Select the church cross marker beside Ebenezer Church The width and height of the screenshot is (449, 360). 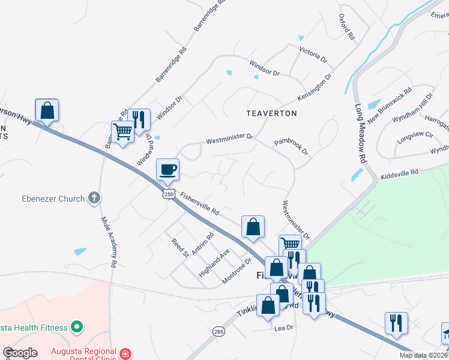(93, 198)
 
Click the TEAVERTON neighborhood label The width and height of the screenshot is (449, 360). (271, 113)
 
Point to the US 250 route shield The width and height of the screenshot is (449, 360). (169, 194)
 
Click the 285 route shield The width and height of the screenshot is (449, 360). (218, 331)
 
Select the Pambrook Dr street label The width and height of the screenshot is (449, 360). (291, 147)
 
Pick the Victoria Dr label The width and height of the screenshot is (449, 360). (313, 55)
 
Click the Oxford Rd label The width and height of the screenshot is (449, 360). (347, 27)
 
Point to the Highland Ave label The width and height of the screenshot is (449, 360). (214, 262)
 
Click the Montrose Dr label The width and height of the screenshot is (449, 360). (237, 271)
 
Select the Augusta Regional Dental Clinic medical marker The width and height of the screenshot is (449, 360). (125, 354)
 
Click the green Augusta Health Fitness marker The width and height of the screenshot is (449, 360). (76, 327)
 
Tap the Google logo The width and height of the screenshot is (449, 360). (20, 353)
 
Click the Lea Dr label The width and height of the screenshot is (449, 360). (283, 328)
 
